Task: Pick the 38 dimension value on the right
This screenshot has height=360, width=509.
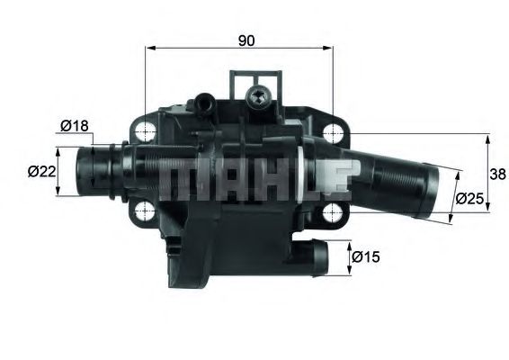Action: [x=495, y=173]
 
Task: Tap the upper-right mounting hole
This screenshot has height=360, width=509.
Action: [x=334, y=131]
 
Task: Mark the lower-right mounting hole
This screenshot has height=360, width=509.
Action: [x=334, y=213]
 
